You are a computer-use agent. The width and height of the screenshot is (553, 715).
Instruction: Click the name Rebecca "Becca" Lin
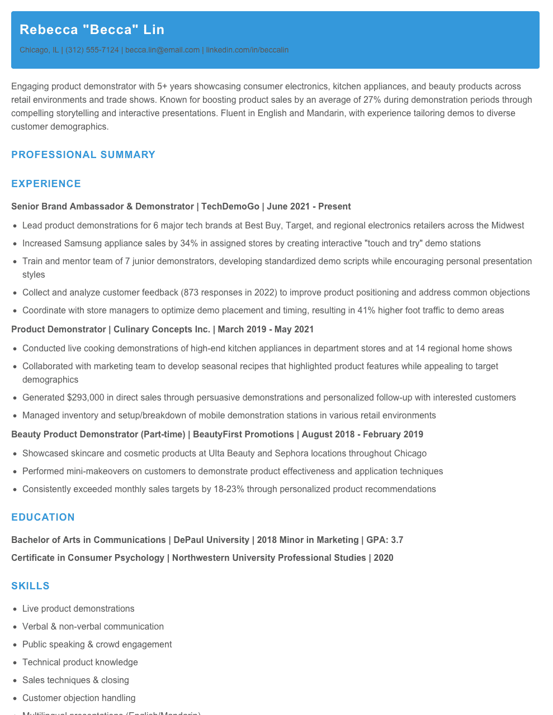click(x=92, y=30)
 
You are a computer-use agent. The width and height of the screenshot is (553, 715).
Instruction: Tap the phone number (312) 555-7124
click(x=92, y=50)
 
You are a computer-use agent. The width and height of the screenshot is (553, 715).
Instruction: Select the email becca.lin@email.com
click(x=162, y=50)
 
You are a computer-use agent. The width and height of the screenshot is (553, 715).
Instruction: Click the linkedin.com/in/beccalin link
click(x=247, y=50)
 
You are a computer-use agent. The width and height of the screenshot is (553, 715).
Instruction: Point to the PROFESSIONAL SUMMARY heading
click(x=83, y=155)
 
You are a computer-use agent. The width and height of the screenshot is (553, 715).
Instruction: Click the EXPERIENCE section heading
click(x=46, y=184)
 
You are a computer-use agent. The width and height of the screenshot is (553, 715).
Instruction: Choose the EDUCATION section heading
click(x=43, y=517)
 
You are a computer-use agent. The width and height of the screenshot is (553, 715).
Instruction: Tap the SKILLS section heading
click(x=30, y=586)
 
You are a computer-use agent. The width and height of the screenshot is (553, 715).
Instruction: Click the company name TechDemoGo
click(x=230, y=207)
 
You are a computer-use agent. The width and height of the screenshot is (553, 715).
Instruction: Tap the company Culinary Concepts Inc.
click(x=162, y=330)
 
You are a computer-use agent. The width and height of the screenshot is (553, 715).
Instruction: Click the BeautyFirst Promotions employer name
click(x=243, y=435)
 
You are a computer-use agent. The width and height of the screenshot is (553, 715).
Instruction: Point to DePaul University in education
click(x=211, y=540)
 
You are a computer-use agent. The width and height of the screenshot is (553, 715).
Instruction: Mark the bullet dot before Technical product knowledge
click(x=15, y=662)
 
